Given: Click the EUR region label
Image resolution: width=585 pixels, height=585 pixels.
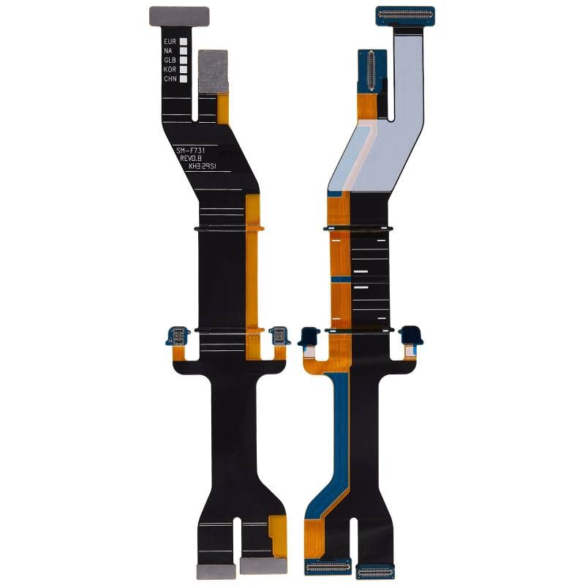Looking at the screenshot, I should (170, 42).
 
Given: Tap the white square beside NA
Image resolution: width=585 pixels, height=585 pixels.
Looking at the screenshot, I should (184, 51).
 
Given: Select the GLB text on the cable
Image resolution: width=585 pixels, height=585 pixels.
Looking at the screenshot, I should (170, 60).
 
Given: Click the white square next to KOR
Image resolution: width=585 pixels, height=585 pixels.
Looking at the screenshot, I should (184, 69).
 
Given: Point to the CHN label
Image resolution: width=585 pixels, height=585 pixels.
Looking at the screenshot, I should (170, 78).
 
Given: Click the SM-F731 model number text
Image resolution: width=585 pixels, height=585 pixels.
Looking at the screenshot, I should (191, 151).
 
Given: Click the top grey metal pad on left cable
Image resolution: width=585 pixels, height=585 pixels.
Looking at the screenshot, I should (179, 15).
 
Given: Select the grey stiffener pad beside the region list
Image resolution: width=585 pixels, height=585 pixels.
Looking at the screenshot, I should (214, 70).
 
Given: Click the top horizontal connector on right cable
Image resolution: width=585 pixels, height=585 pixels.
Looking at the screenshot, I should (405, 14).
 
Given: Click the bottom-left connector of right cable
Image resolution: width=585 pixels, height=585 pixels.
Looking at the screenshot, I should (327, 566).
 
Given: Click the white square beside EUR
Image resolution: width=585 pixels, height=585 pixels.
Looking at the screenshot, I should (184, 42).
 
